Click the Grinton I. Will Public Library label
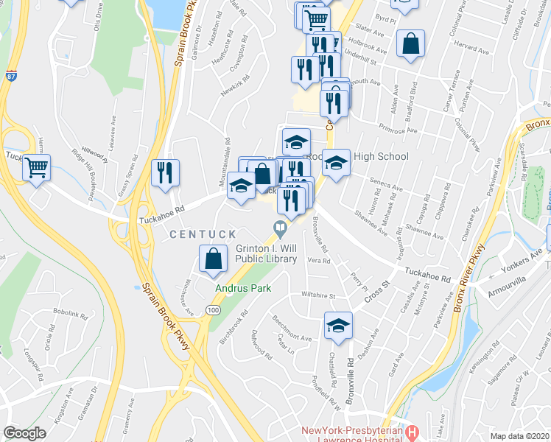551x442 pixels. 266,254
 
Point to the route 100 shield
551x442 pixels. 214,312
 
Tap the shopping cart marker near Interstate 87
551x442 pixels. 36,168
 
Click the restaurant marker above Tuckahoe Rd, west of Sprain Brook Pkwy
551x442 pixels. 165,173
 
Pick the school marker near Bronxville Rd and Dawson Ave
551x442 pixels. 338,326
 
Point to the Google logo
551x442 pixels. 24,433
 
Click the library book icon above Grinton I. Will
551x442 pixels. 280,228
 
